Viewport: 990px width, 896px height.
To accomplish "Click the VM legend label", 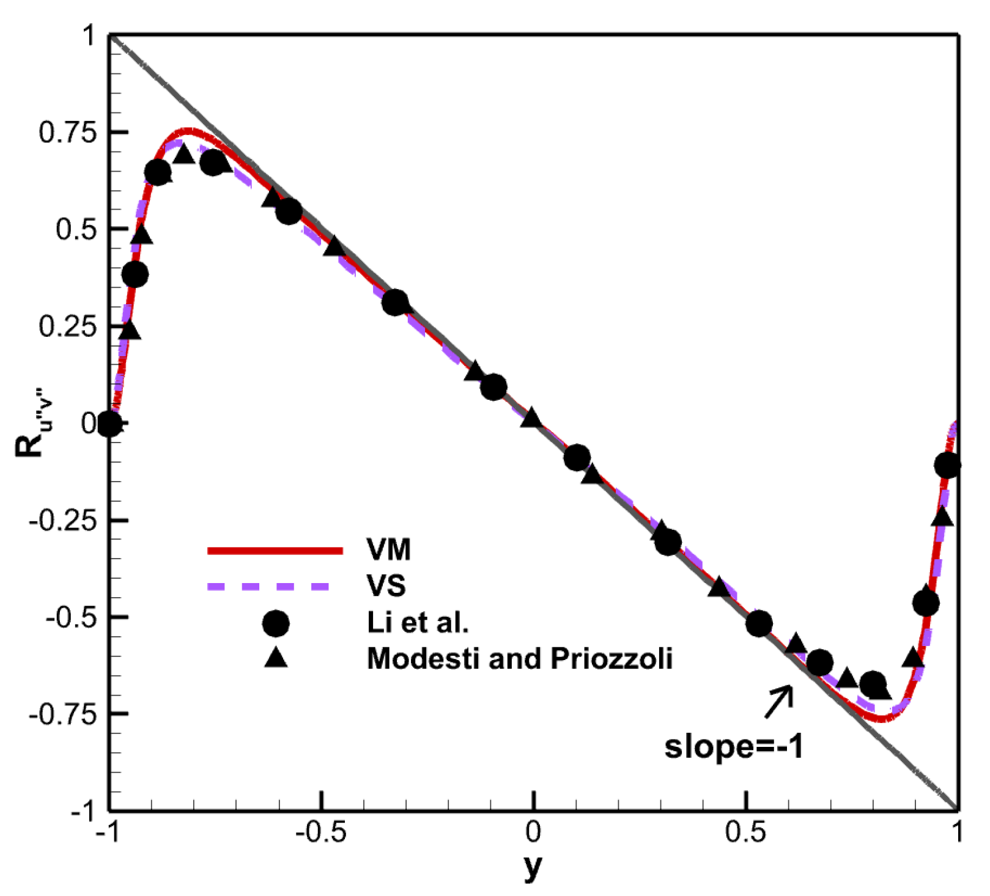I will tap(388, 550).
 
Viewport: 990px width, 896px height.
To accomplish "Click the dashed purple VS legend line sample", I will tap(269, 586).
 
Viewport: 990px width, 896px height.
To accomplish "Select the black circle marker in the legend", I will tap(275, 623).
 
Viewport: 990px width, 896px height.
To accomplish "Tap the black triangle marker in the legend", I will tap(276, 658).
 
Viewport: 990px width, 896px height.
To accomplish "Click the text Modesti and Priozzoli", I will tap(520, 659).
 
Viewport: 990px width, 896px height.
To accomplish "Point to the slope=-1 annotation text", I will tap(734, 747).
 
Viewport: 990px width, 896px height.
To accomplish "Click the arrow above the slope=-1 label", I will tap(778, 702).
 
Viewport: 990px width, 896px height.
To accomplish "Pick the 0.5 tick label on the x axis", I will tap(746, 832).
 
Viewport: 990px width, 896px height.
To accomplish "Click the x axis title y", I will tap(533, 867).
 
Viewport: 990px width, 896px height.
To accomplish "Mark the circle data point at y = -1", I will tap(109, 423).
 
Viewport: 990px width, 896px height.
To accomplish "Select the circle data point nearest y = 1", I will tap(947, 466).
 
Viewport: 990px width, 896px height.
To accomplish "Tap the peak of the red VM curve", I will tap(190, 131).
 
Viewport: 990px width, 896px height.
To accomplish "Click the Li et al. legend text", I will tap(418, 623).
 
